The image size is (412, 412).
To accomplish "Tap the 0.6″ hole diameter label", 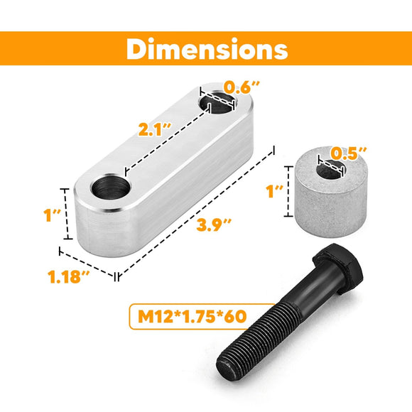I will [x=242, y=87].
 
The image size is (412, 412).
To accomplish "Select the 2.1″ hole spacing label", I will [x=154, y=129].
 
